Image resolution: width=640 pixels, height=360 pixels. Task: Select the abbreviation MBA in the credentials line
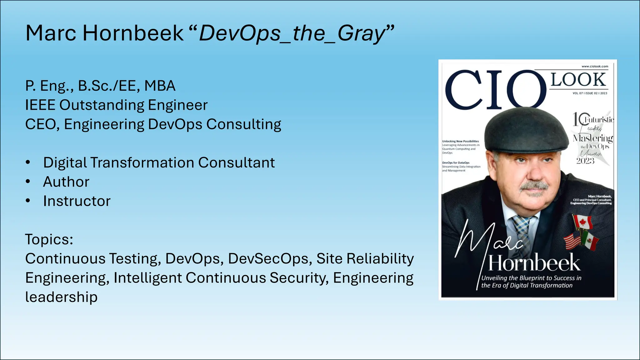coord(160,86)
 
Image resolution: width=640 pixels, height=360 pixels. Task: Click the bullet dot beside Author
coord(28,182)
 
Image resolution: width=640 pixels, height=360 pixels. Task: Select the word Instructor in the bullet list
coord(77,201)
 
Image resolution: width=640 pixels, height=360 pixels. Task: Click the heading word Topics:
coord(49,240)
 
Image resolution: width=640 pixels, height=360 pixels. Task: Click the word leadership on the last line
coord(61,297)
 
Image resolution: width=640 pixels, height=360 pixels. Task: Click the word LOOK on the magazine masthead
coord(578,80)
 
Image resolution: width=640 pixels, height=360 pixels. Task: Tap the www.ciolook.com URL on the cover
coord(595,66)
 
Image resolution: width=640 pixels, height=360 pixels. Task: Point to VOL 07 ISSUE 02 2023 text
coord(590,93)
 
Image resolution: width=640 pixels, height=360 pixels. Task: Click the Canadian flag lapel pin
coord(582,222)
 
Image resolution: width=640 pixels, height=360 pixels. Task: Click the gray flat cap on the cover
coord(527,131)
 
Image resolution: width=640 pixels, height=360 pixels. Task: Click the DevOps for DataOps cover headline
coord(456,163)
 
